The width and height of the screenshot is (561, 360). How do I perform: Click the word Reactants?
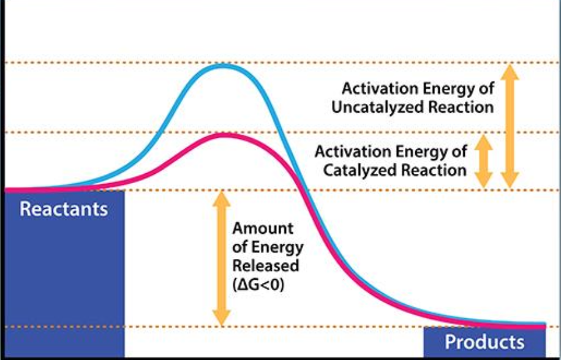click(64, 209)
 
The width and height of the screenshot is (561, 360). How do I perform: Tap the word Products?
click(484, 342)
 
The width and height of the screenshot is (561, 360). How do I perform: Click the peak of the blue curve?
click(223, 65)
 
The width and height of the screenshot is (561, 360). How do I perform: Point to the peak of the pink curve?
click(223, 134)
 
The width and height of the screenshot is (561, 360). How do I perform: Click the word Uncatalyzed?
click(375, 107)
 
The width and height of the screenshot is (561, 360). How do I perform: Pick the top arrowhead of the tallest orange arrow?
click(510, 72)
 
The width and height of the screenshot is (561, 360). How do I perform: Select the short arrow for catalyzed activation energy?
click(484, 161)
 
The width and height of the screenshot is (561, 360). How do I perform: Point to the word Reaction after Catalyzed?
click(434, 170)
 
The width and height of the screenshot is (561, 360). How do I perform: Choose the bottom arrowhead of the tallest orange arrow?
click(510, 181)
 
